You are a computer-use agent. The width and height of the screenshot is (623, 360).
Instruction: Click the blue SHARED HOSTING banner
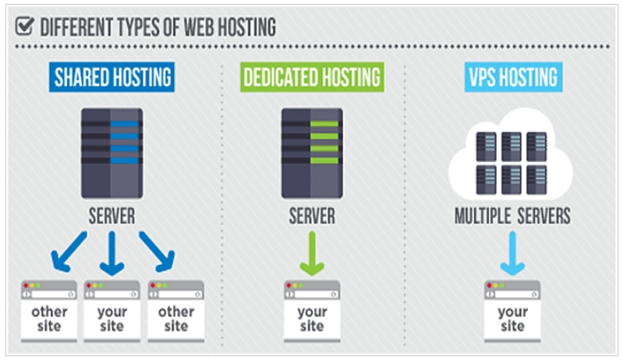pos(113,78)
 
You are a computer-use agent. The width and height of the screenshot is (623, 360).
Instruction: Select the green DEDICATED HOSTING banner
pos(312,78)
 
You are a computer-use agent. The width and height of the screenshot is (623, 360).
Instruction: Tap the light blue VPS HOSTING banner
pos(511,78)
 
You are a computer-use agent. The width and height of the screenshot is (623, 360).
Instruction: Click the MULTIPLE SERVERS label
pos(511,216)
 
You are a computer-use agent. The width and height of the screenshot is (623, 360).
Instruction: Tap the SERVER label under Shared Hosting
pos(112,216)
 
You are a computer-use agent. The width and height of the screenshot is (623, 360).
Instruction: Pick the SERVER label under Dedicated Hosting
pos(312,216)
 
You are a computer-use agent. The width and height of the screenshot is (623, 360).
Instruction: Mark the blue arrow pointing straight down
pos(112,254)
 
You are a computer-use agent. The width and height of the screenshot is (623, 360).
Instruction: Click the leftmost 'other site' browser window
pos(49,312)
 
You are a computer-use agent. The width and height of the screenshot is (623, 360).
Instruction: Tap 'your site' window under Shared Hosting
pos(112,312)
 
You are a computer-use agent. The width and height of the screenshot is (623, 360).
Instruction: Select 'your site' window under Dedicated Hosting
pos(312,312)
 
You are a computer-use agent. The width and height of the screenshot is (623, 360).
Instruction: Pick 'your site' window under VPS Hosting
pos(511,312)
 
